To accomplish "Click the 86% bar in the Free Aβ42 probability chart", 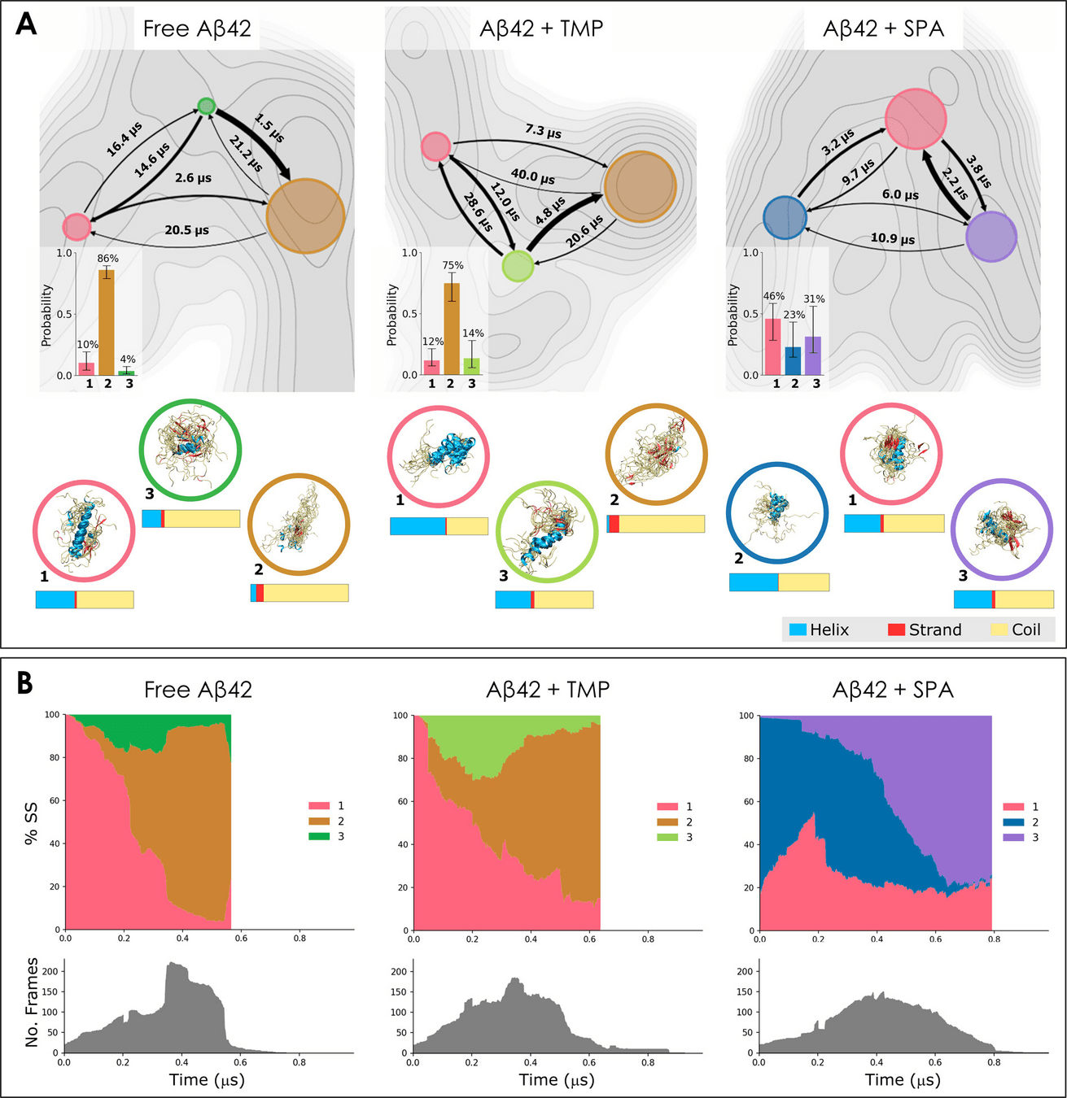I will pyautogui.click(x=107, y=321).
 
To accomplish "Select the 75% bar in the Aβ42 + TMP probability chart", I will pyautogui.click(x=451, y=329).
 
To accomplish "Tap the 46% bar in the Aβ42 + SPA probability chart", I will pyautogui.click(x=772, y=346).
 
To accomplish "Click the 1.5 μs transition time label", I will pyautogui.click(x=269, y=128).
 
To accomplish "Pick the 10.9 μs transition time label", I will pyautogui.click(x=893, y=238).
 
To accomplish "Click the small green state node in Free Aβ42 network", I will pyautogui.click(x=207, y=106).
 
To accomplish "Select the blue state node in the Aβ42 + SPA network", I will pyautogui.click(x=785, y=217).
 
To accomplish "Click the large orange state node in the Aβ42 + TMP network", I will pyautogui.click(x=640, y=186).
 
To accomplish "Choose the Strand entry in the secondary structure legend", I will pyautogui.click(x=925, y=630).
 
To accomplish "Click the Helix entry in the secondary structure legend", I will pyautogui.click(x=819, y=630).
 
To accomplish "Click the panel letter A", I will pyautogui.click(x=26, y=24).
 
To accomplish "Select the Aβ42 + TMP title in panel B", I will pyautogui.click(x=548, y=690).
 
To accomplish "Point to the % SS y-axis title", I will pyautogui.click(x=31, y=823).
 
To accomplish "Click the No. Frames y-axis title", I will pyautogui.click(x=32, y=1002).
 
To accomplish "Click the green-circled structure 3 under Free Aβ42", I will pyautogui.click(x=190, y=450).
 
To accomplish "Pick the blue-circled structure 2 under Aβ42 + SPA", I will pyautogui.click(x=776, y=512).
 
